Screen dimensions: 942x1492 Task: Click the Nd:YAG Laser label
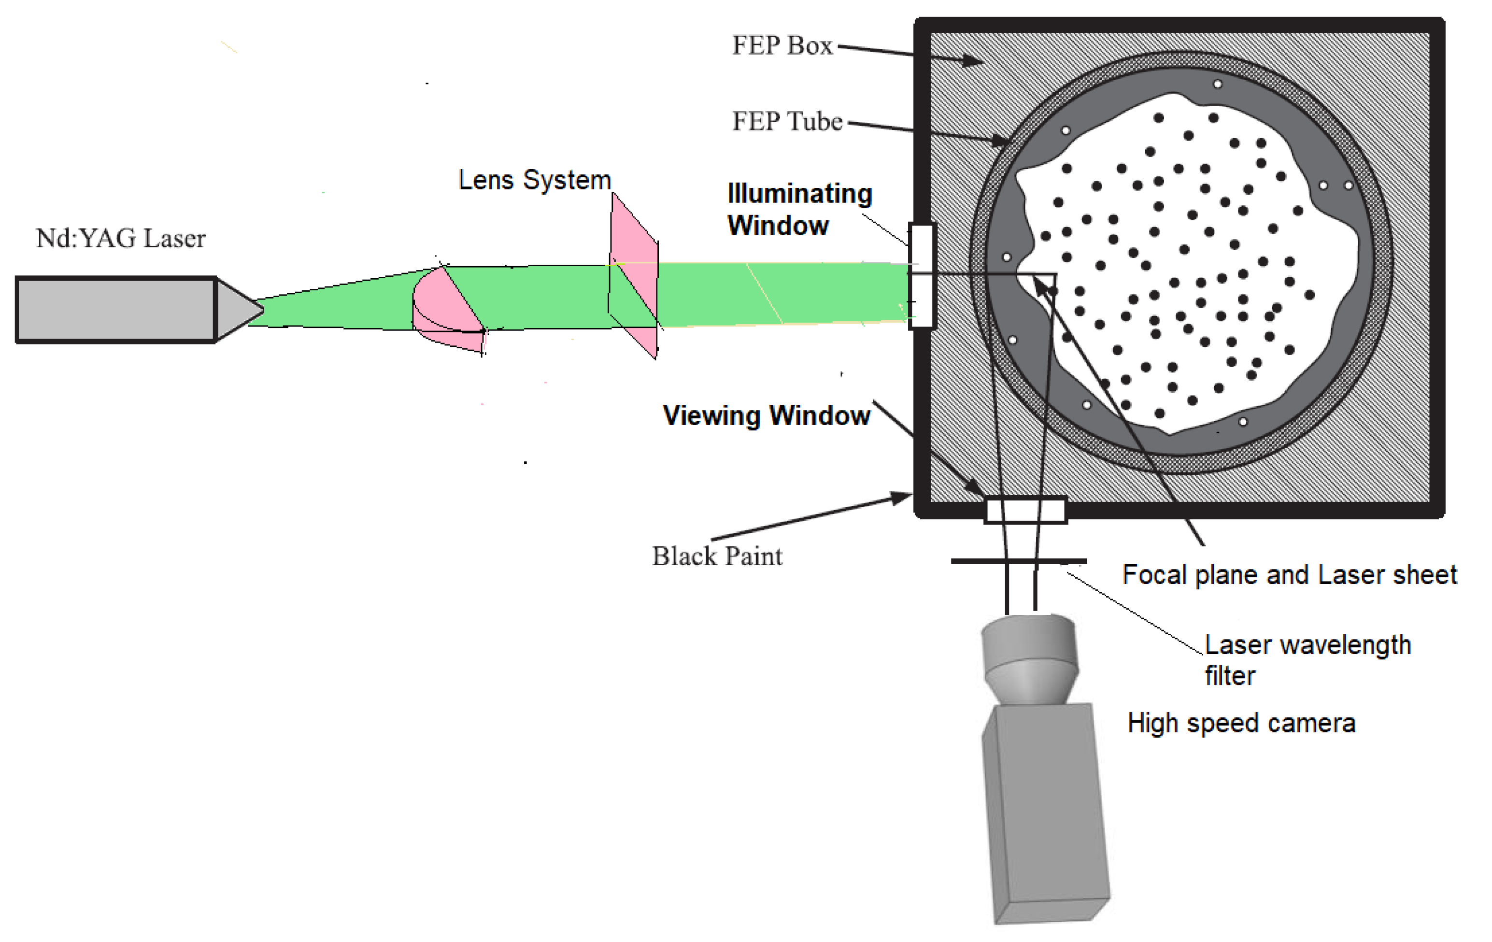point(121,239)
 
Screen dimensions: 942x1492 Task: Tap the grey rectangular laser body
point(116,309)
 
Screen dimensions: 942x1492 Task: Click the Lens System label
point(534,180)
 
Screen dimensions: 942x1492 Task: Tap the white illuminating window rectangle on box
point(922,276)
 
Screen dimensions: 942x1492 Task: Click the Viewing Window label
point(766,416)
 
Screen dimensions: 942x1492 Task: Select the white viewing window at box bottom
point(1025,511)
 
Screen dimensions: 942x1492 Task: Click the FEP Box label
point(782,46)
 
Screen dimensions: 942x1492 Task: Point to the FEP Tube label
point(787,121)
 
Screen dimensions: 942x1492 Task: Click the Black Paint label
point(717,557)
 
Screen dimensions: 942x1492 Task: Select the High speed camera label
point(1241,723)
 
